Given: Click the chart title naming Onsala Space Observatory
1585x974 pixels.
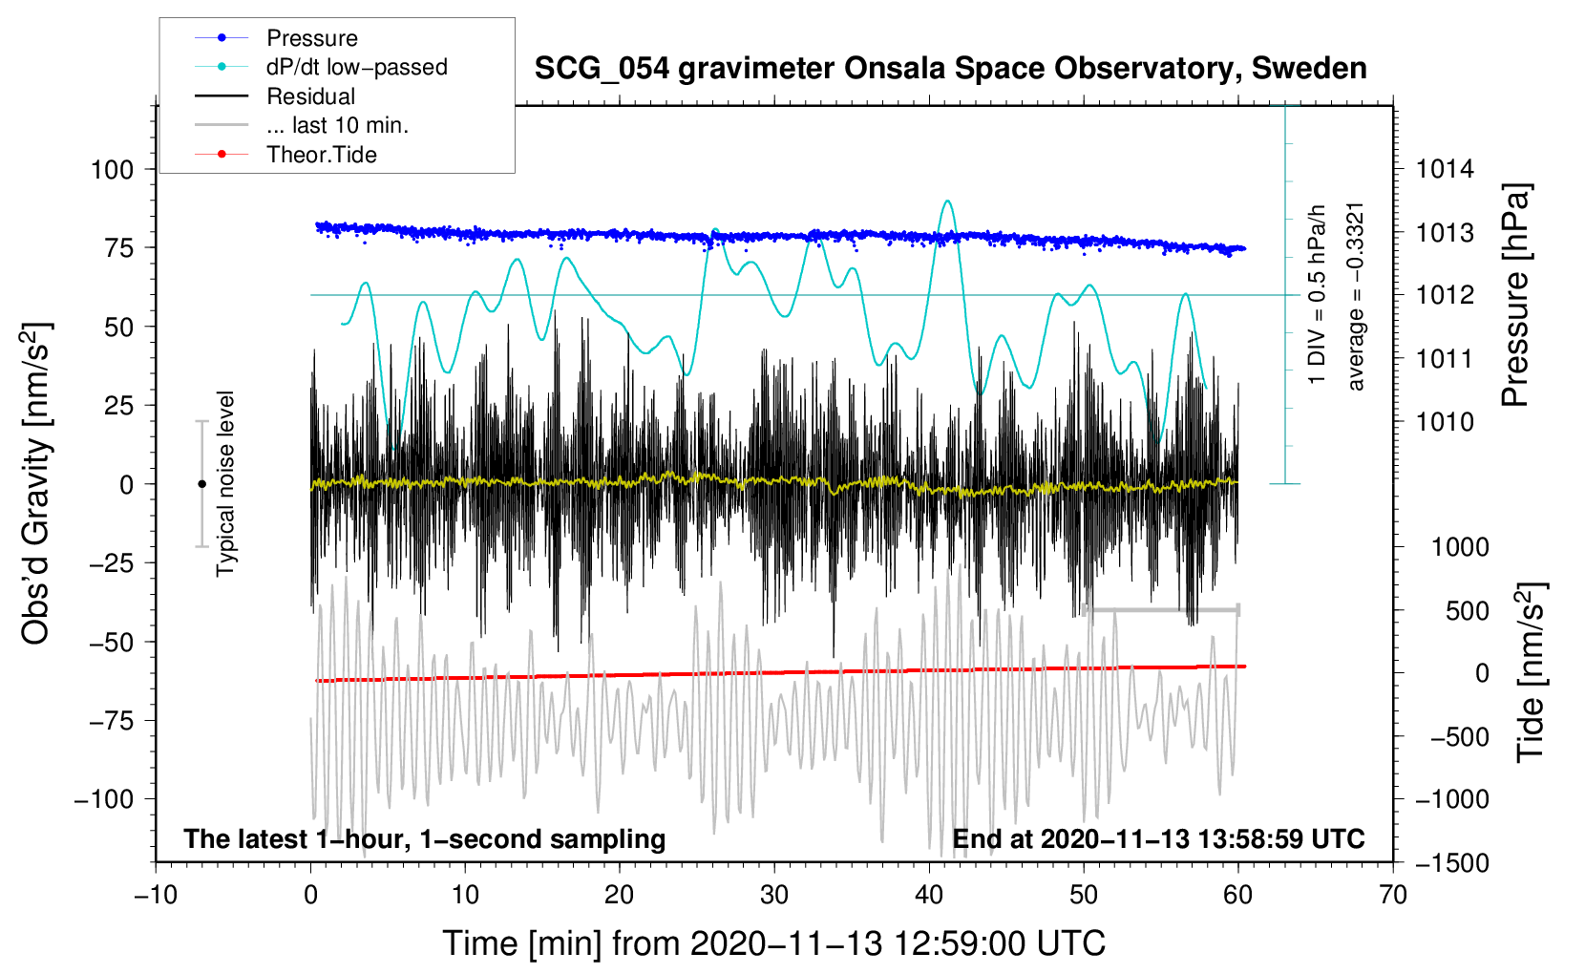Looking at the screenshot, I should pyautogui.click(x=950, y=69).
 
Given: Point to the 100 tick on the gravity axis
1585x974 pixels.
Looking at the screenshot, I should pyautogui.click(x=112, y=170).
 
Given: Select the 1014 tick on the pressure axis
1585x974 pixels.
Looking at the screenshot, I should pyautogui.click(x=1445, y=170).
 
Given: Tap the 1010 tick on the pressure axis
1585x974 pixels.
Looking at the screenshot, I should pyautogui.click(x=1445, y=422).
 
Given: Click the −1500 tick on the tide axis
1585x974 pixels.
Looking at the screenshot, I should pyautogui.click(x=1451, y=863).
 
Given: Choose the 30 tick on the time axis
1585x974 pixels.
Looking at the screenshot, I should pyautogui.click(x=774, y=896).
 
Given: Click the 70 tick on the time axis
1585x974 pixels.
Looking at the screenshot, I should pyautogui.click(x=1393, y=896).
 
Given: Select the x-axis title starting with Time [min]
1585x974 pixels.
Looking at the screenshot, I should pyautogui.click(x=773, y=943).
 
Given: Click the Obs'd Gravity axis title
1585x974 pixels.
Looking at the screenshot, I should pyautogui.click(x=36, y=483).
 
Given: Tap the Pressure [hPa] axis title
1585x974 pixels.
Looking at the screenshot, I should pyautogui.click(x=1515, y=294).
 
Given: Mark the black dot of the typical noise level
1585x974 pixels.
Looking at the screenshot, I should pyautogui.click(x=201, y=484).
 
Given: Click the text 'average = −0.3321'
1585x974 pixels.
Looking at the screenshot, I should pyautogui.click(x=1356, y=296).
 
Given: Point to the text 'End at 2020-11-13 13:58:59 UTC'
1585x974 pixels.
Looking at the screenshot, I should pyautogui.click(x=1158, y=839).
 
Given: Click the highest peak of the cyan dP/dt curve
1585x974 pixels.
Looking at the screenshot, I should pyautogui.click(x=947, y=201).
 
